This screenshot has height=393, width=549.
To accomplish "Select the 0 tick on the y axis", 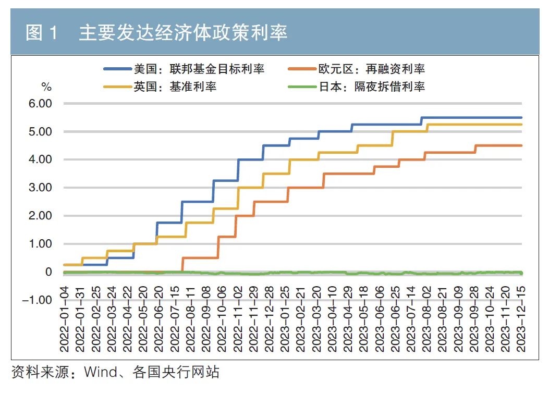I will point(48,272).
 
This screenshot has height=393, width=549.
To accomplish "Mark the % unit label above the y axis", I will point(46,86).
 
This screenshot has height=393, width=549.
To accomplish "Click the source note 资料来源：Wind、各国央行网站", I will point(115,372).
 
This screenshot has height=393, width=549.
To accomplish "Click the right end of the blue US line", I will point(521,118).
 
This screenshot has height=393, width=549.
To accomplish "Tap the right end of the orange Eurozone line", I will point(521,145).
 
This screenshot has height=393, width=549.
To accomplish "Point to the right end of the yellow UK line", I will point(521,125).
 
